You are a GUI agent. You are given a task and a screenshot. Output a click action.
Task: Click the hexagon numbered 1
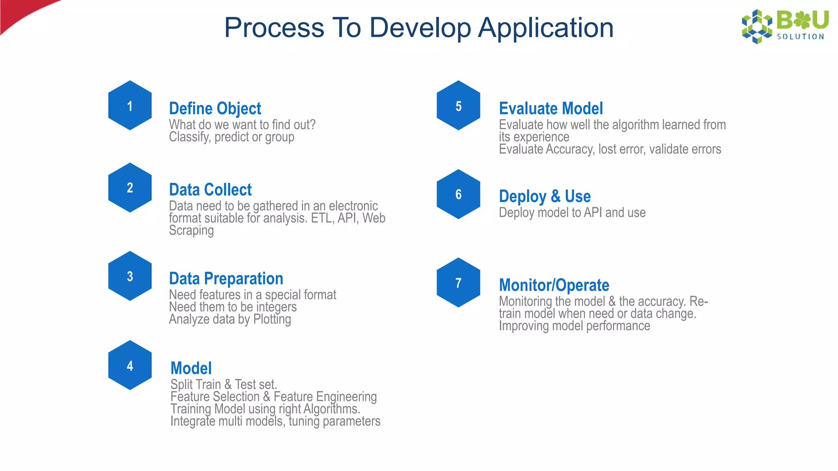(130, 105)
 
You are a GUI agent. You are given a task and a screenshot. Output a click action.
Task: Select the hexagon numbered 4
(130, 365)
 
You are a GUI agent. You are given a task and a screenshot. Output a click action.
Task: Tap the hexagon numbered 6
(458, 194)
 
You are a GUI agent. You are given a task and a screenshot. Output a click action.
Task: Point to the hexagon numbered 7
(458, 283)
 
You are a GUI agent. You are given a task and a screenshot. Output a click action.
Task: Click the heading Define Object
(215, 109)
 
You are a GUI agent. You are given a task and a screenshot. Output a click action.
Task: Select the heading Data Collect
(210, 190)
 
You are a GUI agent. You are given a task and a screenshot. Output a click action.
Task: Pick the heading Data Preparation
(226, 279)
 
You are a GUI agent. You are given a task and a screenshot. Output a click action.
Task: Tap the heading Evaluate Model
(551, 109)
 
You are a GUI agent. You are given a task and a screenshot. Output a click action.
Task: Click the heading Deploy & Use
(545, 197)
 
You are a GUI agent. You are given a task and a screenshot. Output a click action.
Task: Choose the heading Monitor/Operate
(554, 285)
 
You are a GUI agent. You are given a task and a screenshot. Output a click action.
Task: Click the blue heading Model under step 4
(191, 368)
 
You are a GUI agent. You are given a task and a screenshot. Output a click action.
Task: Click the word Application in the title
(546, 28)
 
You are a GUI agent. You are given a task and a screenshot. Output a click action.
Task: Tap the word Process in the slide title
(274, 28)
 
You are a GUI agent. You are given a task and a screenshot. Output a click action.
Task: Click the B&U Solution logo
(785, 26)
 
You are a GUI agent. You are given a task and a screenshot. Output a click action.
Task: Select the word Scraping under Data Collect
(191, 231)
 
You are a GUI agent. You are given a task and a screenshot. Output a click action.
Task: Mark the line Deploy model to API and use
(572, 213)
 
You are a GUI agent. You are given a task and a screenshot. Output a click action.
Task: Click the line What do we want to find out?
(242, 125)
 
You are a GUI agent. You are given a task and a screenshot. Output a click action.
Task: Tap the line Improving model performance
(574, 326)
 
